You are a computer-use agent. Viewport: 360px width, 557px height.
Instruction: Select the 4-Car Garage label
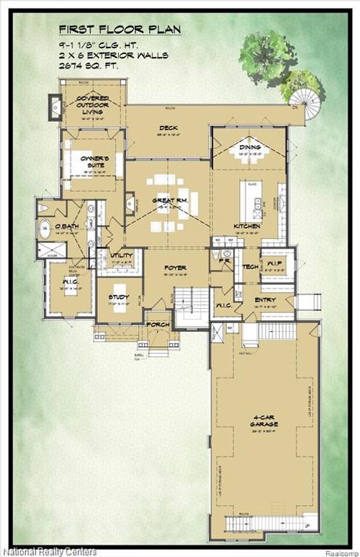pyautogui.click(x=264, y=421)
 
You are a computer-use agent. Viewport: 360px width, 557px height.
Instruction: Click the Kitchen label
pyautogui.click(x=246, y=227)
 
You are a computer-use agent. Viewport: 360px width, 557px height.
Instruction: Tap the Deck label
pyautogui.click(x=168, y=130)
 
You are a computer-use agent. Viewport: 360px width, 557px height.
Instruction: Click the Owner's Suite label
pyautogui.click(x=94, y=160)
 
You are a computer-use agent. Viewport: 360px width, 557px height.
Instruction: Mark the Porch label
pyautogui.click(x=157, y=325)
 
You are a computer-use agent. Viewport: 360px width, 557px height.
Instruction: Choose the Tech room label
pyautogui.click(x=251, y=267)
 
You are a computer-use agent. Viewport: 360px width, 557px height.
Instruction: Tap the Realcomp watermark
pyautogui.click(x=339, y=552)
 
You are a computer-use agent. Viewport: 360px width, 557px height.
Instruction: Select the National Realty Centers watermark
pyautogui.click(x=48, y=551)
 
